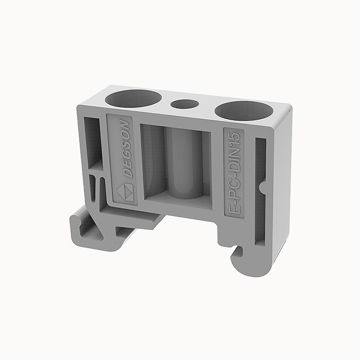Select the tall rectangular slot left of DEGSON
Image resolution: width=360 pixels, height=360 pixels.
[93, 139]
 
